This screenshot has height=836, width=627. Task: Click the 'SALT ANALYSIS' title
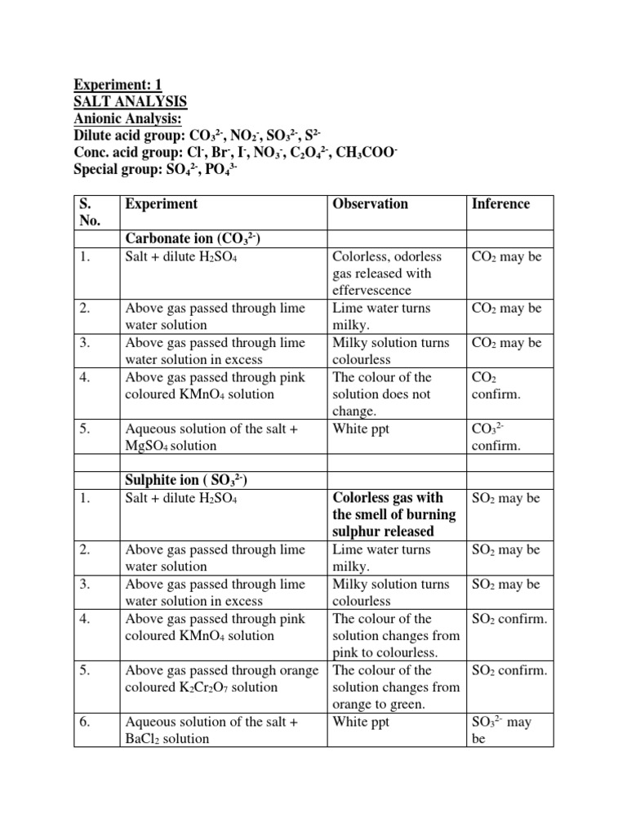(x=131, y=101)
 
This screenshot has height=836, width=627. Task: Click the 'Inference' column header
(x=500, y=204)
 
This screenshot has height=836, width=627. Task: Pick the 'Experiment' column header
(x=161, y=204)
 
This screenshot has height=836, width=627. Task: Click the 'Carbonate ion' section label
(x=192, y=238)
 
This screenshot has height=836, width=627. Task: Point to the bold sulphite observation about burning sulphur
(x=394, y=514)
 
